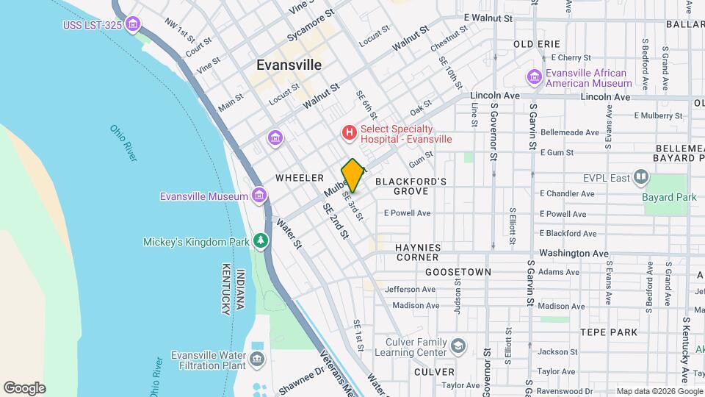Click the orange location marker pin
point(352,176)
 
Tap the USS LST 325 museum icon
point(133,26)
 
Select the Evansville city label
point(289,65)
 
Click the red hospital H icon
point(350,132)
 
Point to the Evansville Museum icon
point(258,196)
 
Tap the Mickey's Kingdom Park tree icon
point(259,241)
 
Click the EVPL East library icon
point(641,176)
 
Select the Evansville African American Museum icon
point(535,77)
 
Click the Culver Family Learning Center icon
point(458,346)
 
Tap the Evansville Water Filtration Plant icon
point(257,359)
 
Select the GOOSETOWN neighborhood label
point(458,272)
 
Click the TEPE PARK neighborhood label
point(607,332)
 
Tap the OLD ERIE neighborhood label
point(537,44)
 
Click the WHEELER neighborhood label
point(300,178)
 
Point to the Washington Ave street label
point(574,253)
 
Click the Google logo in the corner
point(24,388)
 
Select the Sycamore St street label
point(310,24)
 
